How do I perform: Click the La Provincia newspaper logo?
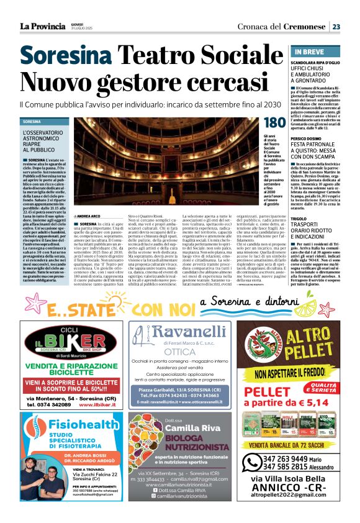coord(42,25)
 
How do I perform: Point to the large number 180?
coord(274,124)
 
